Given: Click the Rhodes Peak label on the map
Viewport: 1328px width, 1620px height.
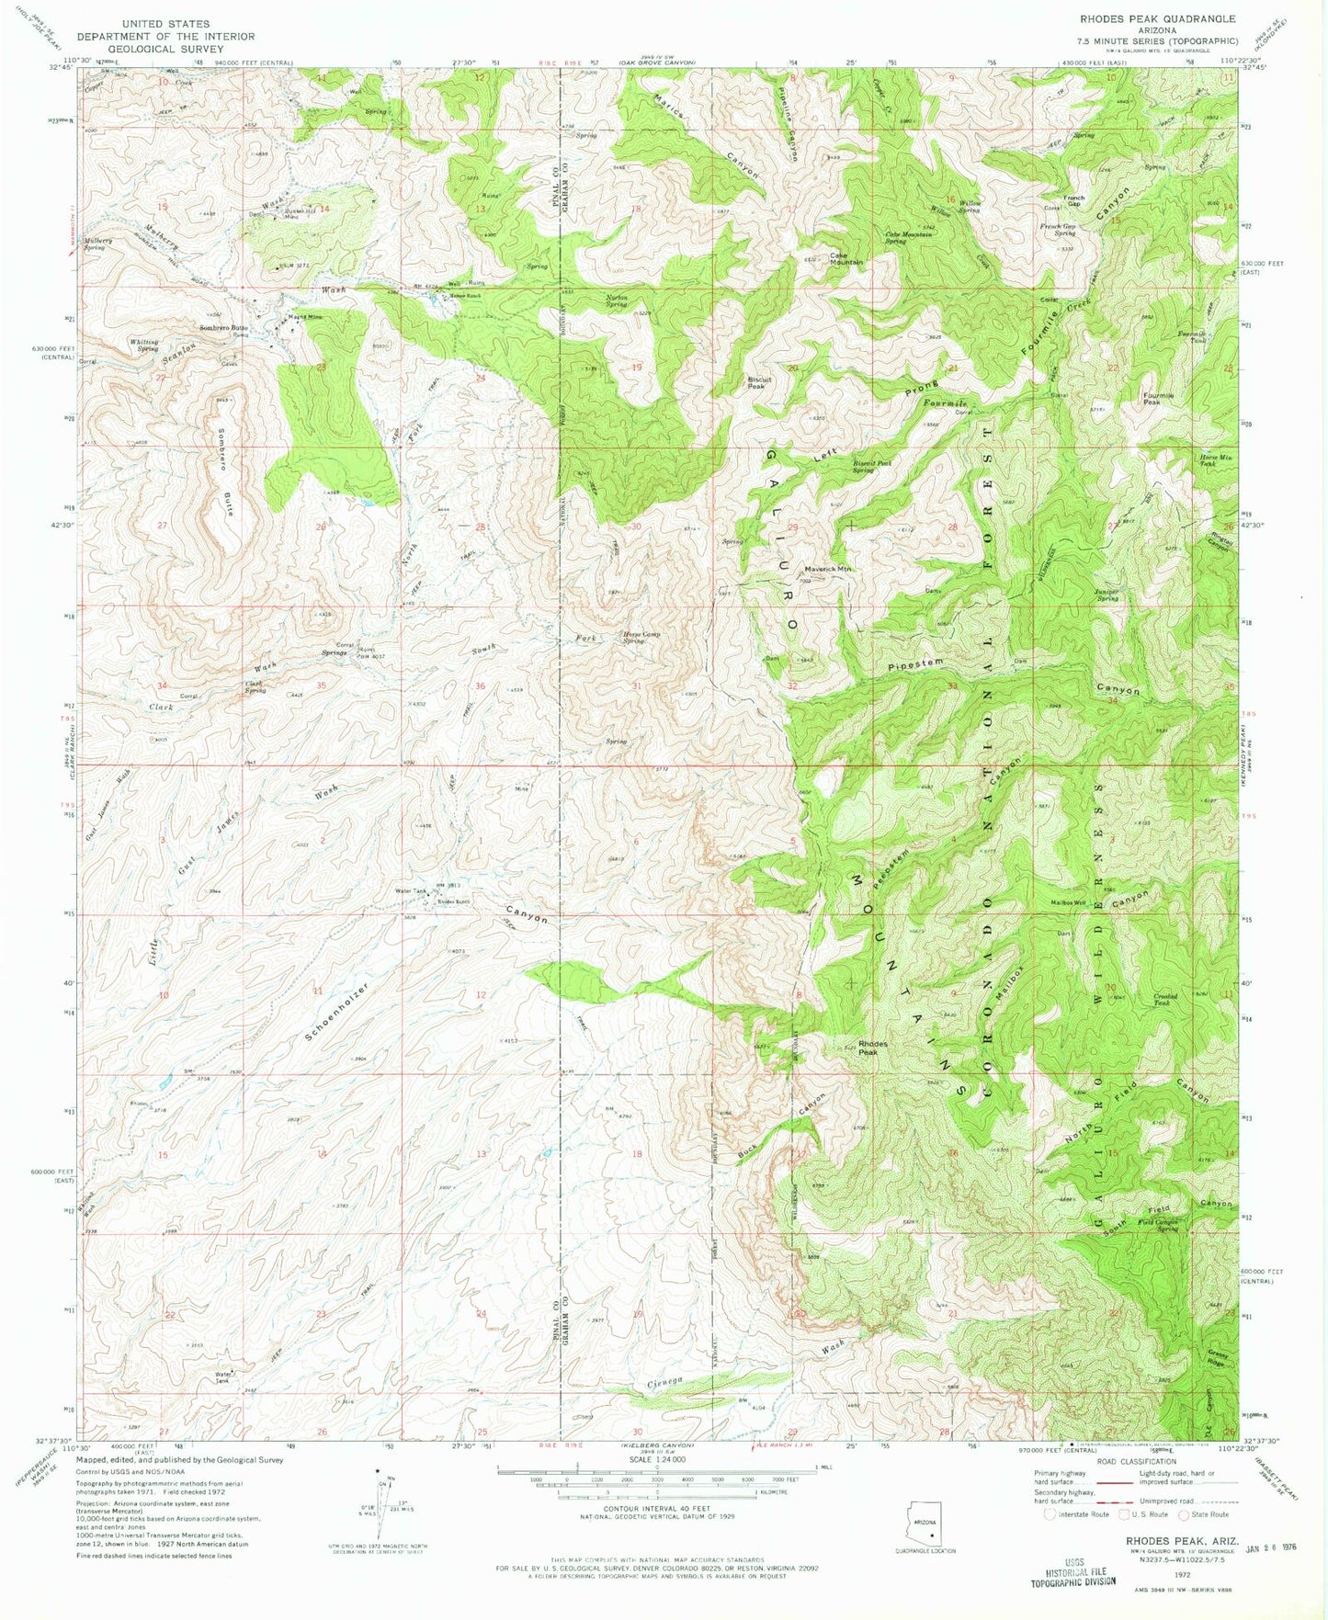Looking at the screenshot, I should [x=872, y=1048].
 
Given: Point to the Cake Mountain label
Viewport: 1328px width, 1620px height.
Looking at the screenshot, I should [x=846, y=258].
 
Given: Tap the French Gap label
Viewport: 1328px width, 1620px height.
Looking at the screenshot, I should [x=1073, y=200].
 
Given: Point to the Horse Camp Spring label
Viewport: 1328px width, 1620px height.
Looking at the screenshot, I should [x=641, y=636].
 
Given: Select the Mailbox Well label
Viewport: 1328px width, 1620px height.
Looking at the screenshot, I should [x=1068, y=902].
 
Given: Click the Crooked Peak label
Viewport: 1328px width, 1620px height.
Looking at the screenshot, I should [x=1165, y=999].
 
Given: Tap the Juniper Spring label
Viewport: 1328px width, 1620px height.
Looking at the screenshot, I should [x=1106, y=595].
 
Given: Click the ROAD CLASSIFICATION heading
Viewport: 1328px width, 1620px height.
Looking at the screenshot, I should [x=1129, y=1461].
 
